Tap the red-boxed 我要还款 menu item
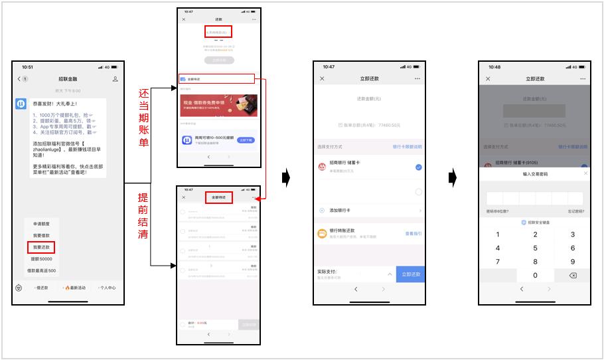40,247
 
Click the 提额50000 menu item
40,259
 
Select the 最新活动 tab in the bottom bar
74,288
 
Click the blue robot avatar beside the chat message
21,104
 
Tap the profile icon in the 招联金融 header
115,79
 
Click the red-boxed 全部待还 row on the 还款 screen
216,79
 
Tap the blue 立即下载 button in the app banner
246,140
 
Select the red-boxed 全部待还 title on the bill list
219,197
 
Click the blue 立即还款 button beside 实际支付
410,274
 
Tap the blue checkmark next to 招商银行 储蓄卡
418,167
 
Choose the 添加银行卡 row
368,211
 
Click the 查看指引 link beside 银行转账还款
413,234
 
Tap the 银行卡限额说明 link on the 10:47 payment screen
407,147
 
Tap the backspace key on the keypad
573,276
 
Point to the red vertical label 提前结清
143,217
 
